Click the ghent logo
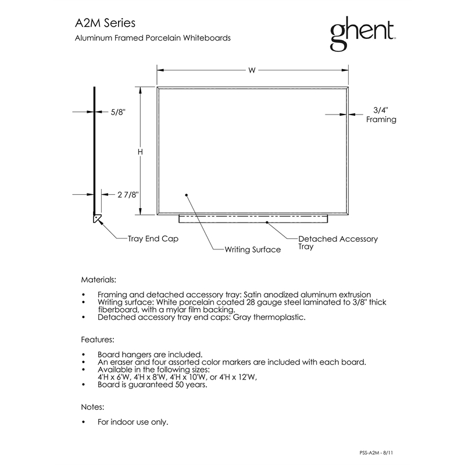(x=363, y=33)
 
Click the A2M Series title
(x=105, y=23)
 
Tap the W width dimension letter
(x=252, y=70)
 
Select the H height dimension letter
(x=140, y=152)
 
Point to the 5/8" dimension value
(x=118, y=112)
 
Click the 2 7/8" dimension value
(x=128, y=195)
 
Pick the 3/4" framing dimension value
(x=381, y=110)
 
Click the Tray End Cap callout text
(x=153, y=239)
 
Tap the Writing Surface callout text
(x=253, y=249)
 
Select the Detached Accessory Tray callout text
(x=338, y=242)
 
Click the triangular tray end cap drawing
(x=97, y=219)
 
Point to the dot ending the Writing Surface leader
(x=187, y=195)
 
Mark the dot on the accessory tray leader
(x=267, y=222)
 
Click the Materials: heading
(x=98, y=280)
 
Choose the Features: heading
(x=98, y=339)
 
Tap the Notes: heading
(x=92, y=407)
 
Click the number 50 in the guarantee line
(x=179, y=385)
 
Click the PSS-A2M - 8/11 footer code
(x=376, y=453)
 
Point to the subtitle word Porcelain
(x=163, y=38)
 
